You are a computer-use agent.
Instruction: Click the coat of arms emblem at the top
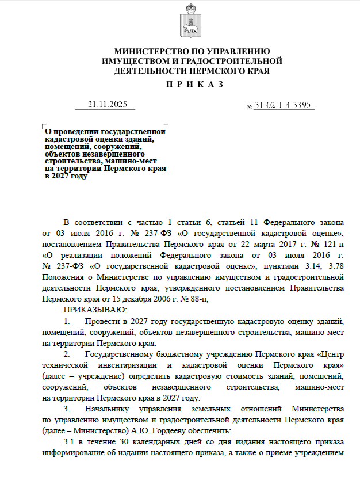click(x=192, y=20)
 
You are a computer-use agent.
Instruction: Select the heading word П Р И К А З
click(x=192, y=84)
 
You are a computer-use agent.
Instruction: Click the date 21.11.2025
click(x=107, y=105)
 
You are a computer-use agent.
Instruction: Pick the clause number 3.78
click(x=335, y=266)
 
